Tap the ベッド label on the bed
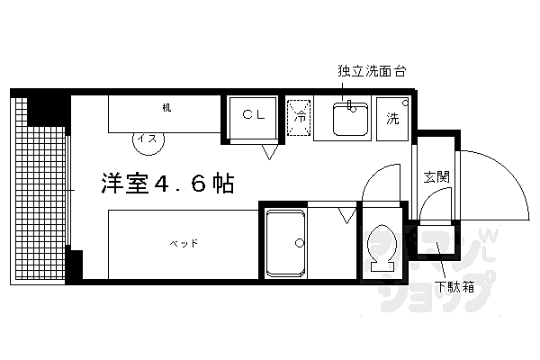coord(183,243)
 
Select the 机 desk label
coord(166,109)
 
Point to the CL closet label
coord(253,116)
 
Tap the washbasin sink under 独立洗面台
coord(346,120)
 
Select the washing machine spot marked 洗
coord(393,118)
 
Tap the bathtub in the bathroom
coord(285,243)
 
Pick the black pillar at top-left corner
coord(41,106)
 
